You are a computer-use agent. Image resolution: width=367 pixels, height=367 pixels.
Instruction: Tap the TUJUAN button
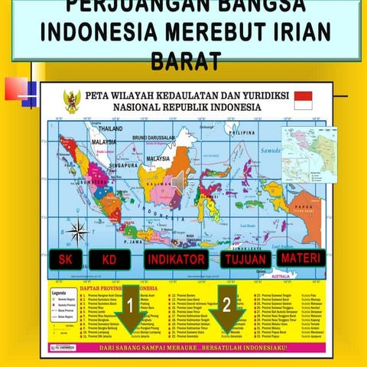(x=245, y=261)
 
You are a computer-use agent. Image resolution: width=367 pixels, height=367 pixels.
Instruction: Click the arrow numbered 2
(x=227, y=307)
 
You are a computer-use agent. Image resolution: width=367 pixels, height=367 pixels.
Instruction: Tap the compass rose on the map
(x=76, y=229)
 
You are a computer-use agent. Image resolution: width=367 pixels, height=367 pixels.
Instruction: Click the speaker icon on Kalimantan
(x=177, y=180)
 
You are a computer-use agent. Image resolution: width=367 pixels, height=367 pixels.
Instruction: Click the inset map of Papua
(x=309, y=154)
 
